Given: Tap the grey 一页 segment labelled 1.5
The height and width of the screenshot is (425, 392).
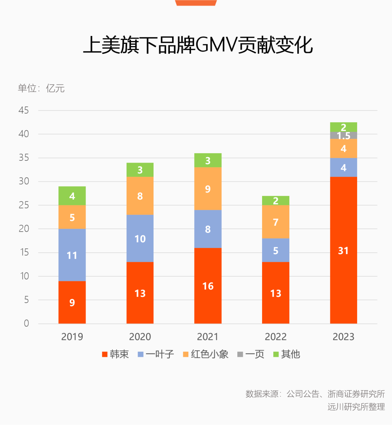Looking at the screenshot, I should pos(343,136).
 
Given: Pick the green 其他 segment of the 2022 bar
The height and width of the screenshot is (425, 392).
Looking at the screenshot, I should pos(275,200).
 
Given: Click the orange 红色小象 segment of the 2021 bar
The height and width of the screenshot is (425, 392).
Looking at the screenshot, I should pos(208,189).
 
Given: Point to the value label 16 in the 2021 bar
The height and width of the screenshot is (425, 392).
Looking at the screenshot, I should pos(208,286).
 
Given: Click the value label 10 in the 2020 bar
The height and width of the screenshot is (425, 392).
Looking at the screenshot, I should pos(140,239).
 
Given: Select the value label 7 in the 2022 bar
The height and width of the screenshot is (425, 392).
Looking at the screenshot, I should pos(275,222).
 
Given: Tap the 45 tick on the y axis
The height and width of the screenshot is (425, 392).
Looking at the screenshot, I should pos(24,110).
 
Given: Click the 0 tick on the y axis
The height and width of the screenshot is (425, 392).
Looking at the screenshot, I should pos(26,323).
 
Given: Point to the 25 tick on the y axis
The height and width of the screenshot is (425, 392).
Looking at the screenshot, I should pos(24,205).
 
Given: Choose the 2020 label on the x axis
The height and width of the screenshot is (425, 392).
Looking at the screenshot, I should pos(140,337).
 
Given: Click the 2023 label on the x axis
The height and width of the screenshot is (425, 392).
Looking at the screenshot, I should pos(343,337).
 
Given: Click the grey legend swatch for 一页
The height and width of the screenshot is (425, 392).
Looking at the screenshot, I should pos(240,354).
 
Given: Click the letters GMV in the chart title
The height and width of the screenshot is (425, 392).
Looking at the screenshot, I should pos(216,45).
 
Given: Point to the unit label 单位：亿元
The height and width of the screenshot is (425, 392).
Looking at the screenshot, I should pos(41,88).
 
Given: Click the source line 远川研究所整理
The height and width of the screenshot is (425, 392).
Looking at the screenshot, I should pos(356,406).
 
